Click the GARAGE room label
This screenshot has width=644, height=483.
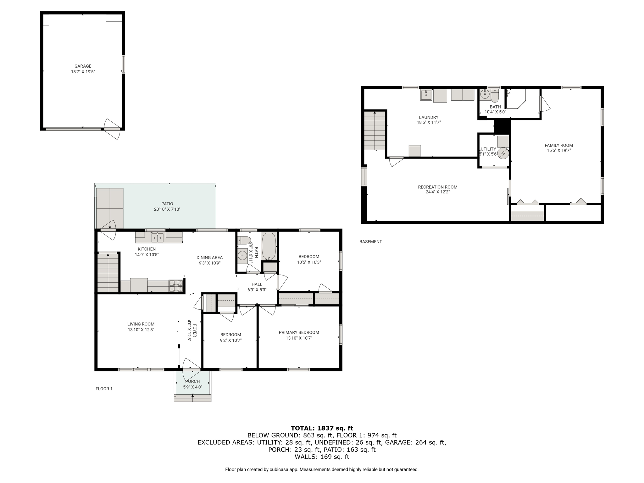(x=83, y=66)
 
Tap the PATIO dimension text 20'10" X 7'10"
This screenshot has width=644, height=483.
(x=167, y=209)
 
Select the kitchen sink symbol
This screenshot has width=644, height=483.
(x=158, y=237)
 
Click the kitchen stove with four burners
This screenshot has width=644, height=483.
(x=176, y=286)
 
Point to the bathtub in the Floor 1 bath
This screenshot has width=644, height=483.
(x=269, y=246)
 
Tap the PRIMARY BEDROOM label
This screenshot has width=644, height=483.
(x=299, y=332)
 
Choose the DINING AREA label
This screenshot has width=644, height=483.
(x=209, y=258)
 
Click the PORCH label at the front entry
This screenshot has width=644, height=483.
(x=192, y=381)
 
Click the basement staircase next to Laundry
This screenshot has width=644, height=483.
(x=375, y=131)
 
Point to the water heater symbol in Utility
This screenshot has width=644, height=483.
(x=503, y=153)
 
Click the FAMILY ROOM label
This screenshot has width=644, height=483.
(x=559, y=145)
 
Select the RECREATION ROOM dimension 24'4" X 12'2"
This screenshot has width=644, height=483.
(x=438, y=192)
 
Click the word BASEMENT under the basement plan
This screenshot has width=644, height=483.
(x=371, y=241)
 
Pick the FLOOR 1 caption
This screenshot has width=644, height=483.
(x=104, y=389)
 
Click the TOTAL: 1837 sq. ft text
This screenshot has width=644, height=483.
(x=322, y=428)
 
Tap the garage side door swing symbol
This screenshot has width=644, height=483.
(x=112, y=129)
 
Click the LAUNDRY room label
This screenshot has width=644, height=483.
(x=429, y=117)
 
